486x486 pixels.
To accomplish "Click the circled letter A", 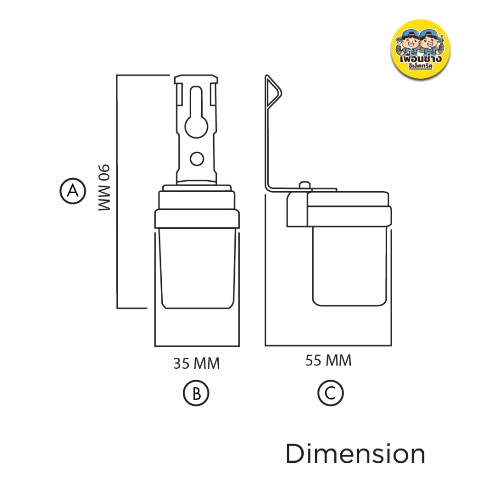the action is (x=73, y=191).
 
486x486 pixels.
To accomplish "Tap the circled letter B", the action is (x=196, y=393).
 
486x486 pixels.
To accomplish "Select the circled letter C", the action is (x=330, y=393).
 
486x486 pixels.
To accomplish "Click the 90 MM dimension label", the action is (x=104, y=188).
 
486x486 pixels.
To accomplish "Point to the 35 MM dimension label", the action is (x=196, y=364).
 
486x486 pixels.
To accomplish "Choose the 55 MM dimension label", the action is (x=328, y=361).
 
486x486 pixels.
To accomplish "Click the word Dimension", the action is (x=355, y=454).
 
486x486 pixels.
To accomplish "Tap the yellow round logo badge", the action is (x=421, y=49).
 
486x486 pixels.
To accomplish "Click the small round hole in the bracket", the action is (x=197, y=159).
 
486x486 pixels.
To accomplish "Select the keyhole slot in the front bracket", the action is (x=196, y=112).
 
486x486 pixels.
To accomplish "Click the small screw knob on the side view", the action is (x=305, y=185).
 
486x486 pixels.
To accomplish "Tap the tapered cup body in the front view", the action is (x=197, y=269).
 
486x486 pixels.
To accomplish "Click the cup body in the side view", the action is (x=350, y=266).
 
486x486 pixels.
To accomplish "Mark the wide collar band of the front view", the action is (x=197, y=219).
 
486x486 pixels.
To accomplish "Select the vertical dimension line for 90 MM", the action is (x=117, y=192).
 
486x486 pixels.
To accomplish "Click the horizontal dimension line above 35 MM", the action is (x=197, y=346).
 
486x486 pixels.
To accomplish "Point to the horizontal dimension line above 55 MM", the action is (x=328, y=345).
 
